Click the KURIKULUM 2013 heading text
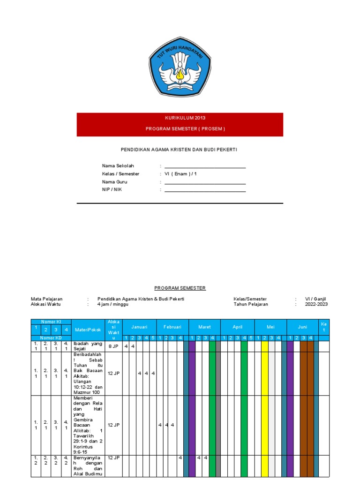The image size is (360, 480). click(180, 118)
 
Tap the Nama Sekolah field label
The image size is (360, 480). click(118, 166)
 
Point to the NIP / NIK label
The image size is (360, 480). click(112, 189)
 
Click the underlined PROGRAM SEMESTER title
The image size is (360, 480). click(180, 288)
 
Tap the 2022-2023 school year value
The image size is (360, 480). click(316, 304)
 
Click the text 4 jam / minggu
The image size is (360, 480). click(113, 304)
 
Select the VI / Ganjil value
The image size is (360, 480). click(315, 299)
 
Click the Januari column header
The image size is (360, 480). click(139, 327)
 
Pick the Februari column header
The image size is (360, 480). click(172, 327)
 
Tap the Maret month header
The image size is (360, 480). click(204, 327)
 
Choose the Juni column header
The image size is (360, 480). click(303, 327)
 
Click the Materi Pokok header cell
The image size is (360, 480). click(88, 330)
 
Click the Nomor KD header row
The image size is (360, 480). click(51, 338)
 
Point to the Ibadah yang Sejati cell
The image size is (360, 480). click(88, 346)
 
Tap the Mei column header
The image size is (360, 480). click(270, 327)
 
